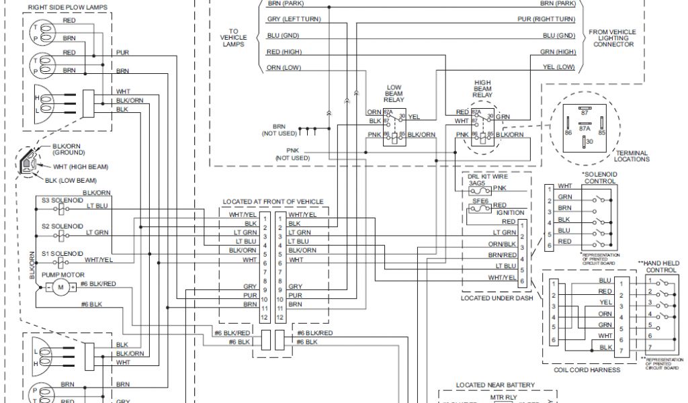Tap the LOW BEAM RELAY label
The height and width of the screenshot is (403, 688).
393,93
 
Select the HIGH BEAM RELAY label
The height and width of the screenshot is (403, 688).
482,89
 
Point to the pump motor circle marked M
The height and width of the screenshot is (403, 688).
60,288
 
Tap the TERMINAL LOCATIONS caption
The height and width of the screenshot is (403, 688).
632,156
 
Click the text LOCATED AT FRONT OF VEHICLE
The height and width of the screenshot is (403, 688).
273,201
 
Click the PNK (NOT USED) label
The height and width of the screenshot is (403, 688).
292,154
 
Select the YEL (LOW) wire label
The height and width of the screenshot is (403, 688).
558,67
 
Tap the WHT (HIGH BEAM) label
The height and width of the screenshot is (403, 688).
81,166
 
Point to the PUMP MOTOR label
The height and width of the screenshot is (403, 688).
57,275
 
